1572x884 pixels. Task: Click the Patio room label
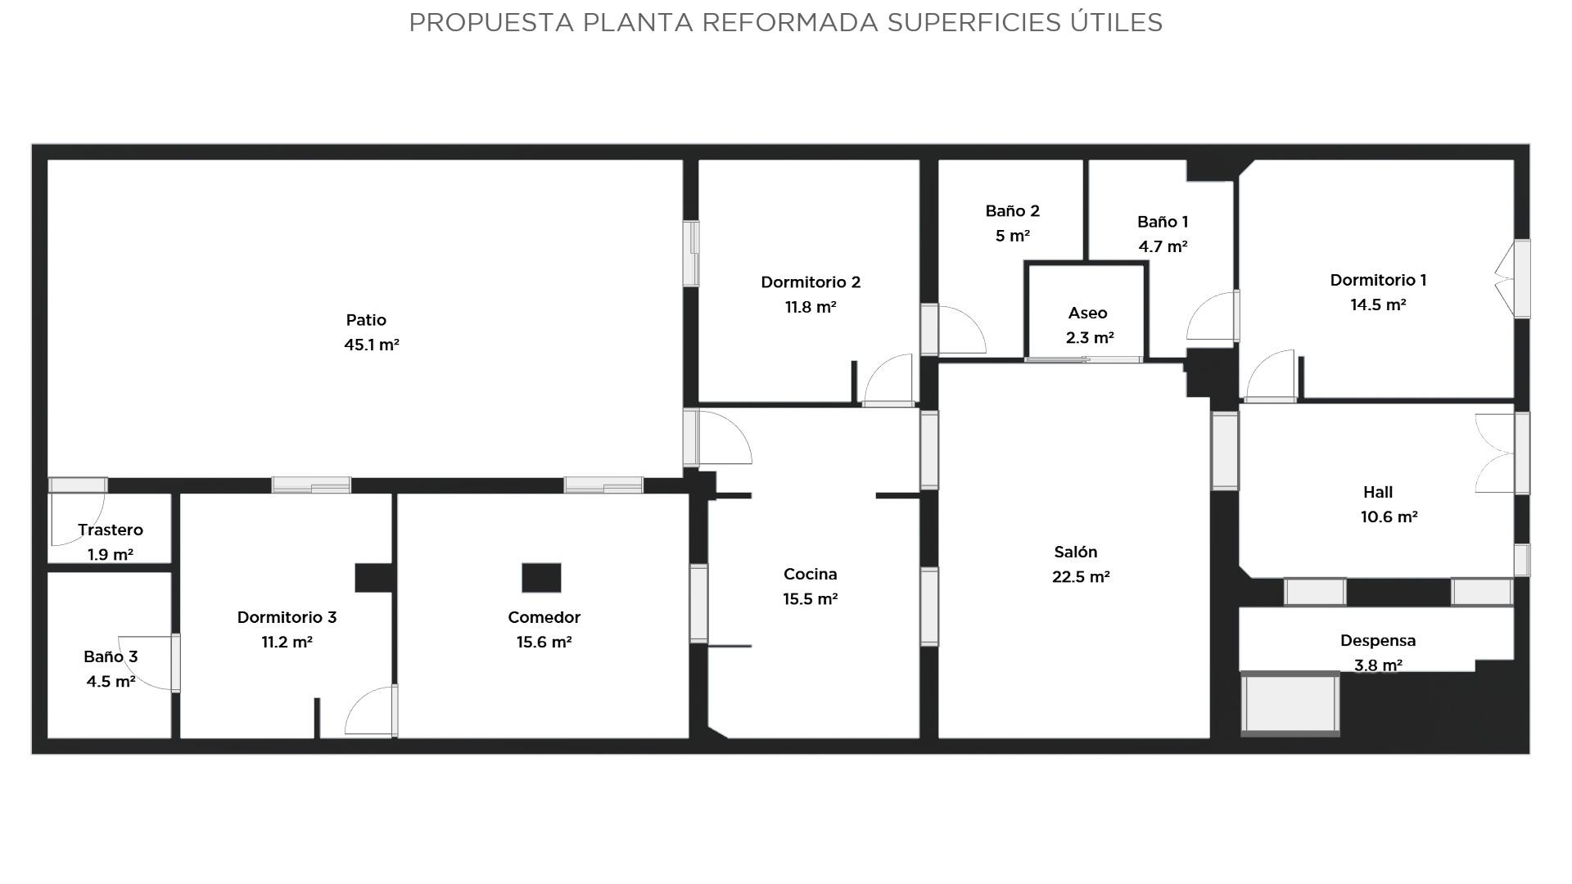[x=366, y=320]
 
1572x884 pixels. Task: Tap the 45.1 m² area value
[x=372, y=345]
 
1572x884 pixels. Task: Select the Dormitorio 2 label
[x=811, y=282]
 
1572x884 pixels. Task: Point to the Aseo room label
[x=1087, y=313]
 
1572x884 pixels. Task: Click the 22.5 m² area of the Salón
[x=1081, y=576]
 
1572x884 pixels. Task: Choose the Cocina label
[x=810, y=574]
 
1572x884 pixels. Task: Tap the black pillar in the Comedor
[x=541, y=577]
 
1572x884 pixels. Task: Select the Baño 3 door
[x=147, y=662]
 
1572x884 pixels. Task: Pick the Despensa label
[x=1378, y=640]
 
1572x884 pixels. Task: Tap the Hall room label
[x=1378, y=492]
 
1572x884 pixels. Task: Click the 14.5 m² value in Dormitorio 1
[x=1378, y=304]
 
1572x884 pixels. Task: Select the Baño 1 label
[x=1163, y=222]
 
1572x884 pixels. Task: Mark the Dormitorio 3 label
[x=287, y=617]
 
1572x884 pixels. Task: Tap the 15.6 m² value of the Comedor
[x=544, y=642]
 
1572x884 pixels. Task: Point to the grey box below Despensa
[x=1290, y=703]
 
